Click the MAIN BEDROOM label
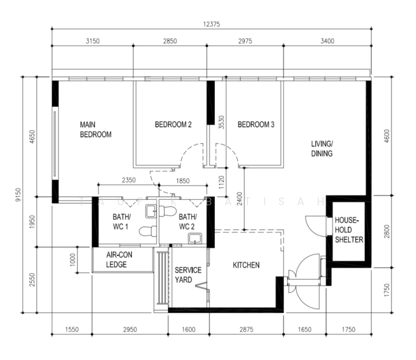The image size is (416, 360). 95,130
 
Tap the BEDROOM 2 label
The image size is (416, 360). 173,125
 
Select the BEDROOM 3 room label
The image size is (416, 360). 256,125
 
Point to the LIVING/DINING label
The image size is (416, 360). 322,149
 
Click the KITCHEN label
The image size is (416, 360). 246,265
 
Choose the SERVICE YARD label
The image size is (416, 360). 188,274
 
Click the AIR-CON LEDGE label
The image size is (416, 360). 119,260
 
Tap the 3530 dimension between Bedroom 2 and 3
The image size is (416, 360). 222,123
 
